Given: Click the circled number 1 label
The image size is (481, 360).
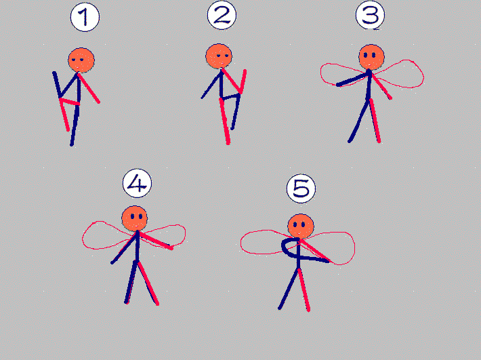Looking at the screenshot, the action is pos(85,17).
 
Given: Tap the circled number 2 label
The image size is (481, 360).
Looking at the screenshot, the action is pos(222,16).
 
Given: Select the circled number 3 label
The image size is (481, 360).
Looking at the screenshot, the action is pos(371,15).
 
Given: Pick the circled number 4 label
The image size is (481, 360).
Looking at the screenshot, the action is pos(137,183).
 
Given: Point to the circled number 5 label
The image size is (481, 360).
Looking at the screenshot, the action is pos(301,188).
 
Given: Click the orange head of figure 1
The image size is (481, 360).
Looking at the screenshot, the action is pos(81,60).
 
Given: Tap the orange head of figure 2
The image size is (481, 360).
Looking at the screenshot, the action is pos(219,56).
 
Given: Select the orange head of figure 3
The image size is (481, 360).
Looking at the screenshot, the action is pos(371,57).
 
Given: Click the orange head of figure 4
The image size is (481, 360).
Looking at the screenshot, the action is pos(134,218).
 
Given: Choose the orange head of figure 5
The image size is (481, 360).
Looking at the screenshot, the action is pos(301,226).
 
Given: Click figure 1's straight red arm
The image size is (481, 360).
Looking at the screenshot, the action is pos(89,88).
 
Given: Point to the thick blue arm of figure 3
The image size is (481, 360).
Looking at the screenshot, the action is pos(352,79).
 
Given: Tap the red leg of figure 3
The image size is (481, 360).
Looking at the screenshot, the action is pos(375,121).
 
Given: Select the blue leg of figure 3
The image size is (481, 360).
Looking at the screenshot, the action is pos(358,121).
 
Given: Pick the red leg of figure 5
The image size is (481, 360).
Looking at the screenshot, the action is pos(304,289).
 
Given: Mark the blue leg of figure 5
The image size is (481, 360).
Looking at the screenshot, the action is pos(289,289).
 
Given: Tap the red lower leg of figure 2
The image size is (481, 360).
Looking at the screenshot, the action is pos(225,121).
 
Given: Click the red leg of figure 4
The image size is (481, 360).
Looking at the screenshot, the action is pos(148,283).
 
